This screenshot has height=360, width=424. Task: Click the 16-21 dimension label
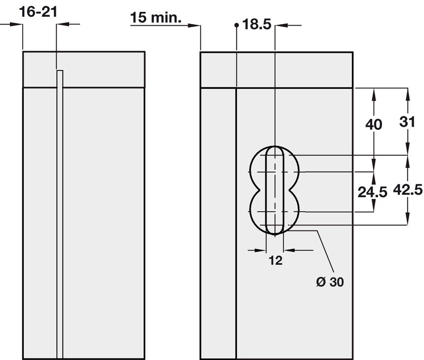click(38, 12)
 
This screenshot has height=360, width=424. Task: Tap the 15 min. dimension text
click(155, 18)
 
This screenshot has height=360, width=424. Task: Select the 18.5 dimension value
click(257, 24)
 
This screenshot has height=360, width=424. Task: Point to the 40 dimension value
click(374, 124)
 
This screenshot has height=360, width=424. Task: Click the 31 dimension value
click(407, 122)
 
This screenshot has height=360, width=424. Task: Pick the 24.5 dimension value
click(372, 192)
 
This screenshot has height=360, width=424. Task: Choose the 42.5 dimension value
click(408, 189)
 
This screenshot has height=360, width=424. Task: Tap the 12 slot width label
click(275, 260)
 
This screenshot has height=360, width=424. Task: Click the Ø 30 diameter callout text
click(330, 282)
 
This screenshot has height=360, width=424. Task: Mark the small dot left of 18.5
click(236, 25)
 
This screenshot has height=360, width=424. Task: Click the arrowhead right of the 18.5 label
click(281, 25)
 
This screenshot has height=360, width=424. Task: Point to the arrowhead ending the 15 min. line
click(194, 25)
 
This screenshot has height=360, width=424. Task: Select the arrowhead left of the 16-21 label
click(16, 24)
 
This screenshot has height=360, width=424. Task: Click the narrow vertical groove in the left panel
click(60, 215)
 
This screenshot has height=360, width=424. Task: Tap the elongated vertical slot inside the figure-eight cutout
click(275, 190)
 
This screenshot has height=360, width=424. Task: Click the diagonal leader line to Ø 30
click(325, 251)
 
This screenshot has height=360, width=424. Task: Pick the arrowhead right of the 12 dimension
click(289, 251)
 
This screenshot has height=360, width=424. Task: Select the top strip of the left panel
click(84, 70)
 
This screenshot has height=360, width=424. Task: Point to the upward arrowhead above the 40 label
click(374, 95)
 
